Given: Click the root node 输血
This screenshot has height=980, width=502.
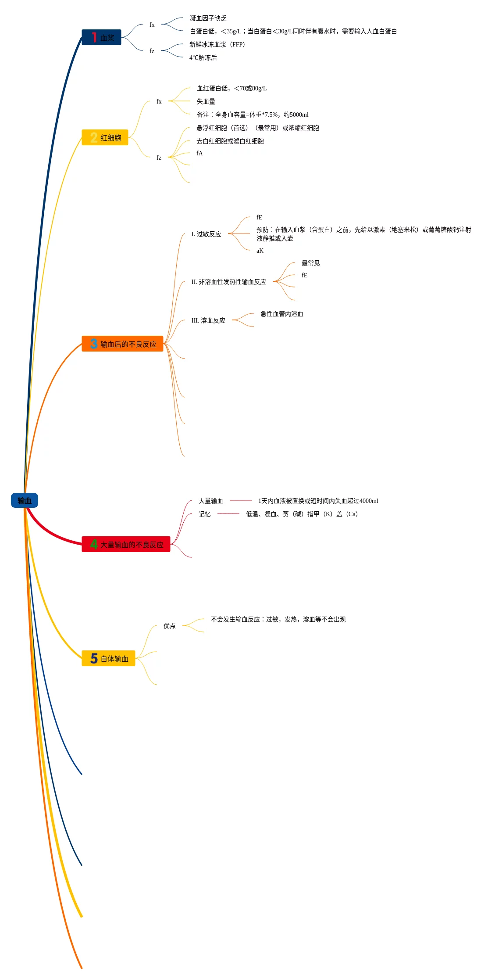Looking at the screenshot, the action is [25, 500].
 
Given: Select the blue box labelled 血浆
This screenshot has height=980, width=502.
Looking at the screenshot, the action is [101, 37].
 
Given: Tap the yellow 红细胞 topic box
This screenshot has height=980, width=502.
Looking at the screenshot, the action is [105, 137].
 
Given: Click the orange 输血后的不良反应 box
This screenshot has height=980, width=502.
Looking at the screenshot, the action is [122, 344].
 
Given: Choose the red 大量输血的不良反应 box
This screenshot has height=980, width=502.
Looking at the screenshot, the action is [126, 544].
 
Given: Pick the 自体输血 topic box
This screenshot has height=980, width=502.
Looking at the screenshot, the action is [108, 658].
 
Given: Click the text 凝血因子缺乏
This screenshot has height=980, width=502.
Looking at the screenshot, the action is [208, 18].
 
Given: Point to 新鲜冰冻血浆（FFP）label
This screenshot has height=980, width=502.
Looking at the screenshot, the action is [217, 44].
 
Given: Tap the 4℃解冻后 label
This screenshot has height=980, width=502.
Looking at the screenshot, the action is [203, 57].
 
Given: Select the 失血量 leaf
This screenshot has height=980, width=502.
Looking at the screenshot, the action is [206, 101].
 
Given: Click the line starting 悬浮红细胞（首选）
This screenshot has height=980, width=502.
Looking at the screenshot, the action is [258, 128].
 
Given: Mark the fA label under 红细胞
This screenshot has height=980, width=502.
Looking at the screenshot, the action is [199, 153].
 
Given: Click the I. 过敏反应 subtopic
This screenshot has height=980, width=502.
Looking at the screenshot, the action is [206, 234].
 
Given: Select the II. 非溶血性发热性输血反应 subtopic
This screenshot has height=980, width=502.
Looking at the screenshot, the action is [228, 282].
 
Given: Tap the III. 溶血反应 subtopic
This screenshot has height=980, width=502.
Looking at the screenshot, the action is [208, 320].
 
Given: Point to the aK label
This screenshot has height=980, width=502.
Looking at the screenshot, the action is [260, 251].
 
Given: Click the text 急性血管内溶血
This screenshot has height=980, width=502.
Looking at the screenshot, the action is [281, 314].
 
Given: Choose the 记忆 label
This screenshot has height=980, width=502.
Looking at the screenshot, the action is [204, 514].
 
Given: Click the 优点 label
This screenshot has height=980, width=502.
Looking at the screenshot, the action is [169, 626].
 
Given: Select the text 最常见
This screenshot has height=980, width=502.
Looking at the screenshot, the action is [310, 263].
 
